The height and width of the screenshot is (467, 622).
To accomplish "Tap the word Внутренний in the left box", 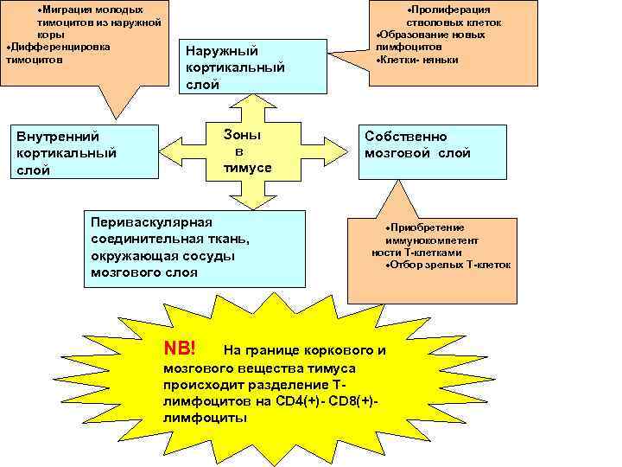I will click(58, 136).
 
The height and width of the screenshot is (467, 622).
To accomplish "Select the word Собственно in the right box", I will click(406, 137).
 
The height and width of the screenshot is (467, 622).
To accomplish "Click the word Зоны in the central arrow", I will click(242, 135).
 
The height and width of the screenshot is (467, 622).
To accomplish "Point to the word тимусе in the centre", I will click(248, 168).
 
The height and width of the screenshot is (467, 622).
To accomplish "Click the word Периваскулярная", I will click(151, 222).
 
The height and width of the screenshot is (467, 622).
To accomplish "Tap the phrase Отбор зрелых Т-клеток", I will click(448, 264).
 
